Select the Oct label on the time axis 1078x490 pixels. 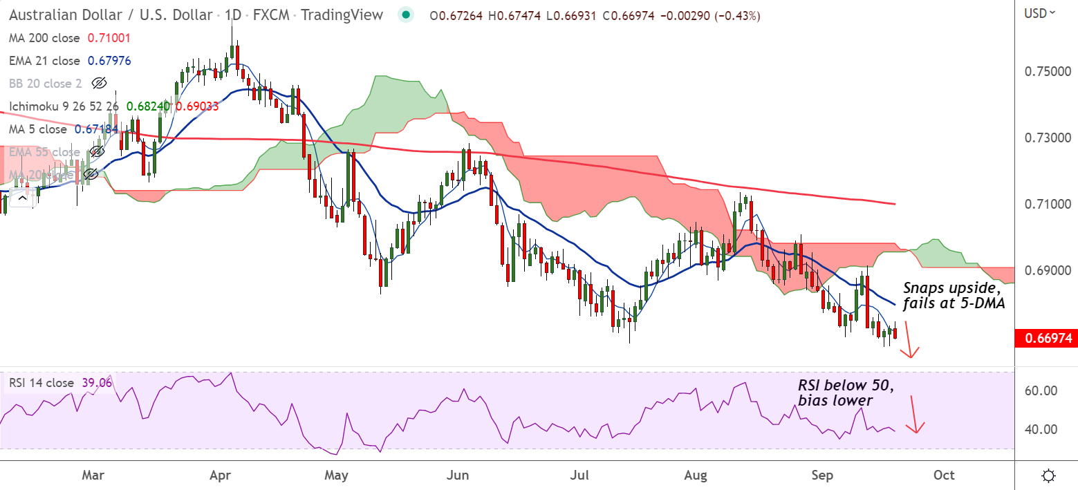tap(944, 475)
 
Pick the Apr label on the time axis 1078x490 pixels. tap(219, 475)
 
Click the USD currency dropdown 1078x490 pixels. tap(1040, 12)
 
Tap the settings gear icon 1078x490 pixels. tap(1048, 475)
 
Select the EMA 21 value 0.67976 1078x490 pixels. tap(109, 61)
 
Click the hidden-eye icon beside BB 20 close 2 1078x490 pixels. tap(100, 84)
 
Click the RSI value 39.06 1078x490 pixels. tap(96, 383)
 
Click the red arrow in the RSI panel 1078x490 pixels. tap(914, 414)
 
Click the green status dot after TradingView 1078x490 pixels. tap(407, 15)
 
